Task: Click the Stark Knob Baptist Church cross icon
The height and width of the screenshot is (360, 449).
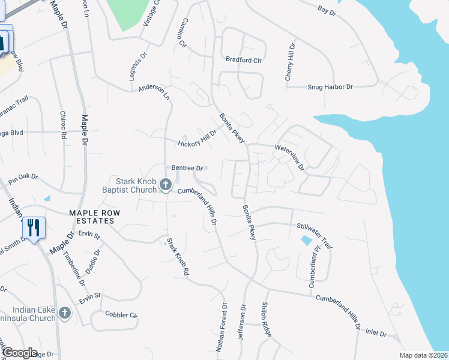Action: pyautogui.click(x=166, y=188)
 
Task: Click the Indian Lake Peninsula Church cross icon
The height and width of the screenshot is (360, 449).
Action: pyautogui.click(x=65, y=313)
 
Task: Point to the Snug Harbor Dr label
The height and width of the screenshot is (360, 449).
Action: pyautogui.click(x=330, y=87)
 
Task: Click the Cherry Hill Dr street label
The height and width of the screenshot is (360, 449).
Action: pyautogui.click(x=290, y=62)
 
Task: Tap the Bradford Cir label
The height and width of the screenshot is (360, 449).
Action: pyautogui.click(x=244, y=60)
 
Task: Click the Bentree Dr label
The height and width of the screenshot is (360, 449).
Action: pyautogui.click(x=188, y=169)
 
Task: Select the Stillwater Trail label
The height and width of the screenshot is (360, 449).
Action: pyautogui.click(x=315, y=236)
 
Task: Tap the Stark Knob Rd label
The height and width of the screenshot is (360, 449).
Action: pyautogui.click(x=178, y=257)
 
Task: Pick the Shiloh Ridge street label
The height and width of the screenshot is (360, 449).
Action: pyautogui.click(x=264, y=317)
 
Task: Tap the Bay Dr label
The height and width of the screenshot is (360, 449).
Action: pyautogui.click(x=327, y=10)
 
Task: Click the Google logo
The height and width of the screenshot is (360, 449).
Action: pyautogui.click(x=20, y=353)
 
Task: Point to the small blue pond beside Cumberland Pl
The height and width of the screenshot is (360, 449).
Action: pyautogui.click(x=306, y=241)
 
